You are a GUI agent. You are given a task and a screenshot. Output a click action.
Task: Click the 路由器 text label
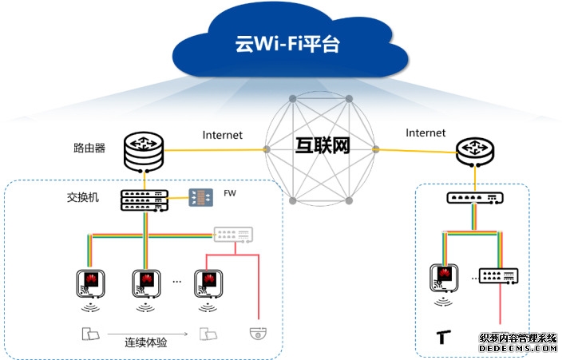(89, 148)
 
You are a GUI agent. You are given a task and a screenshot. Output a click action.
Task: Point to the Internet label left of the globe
(223, 135)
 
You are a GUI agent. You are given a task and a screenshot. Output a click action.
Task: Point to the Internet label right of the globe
(425, 133)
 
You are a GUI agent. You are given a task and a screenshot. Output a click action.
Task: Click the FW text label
(231, 194)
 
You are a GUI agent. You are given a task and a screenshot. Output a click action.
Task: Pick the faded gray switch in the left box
(233, 235)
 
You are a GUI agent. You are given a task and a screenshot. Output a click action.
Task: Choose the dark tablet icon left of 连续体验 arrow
(89, 333)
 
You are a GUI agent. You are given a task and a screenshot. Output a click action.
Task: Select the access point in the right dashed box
(445, 278)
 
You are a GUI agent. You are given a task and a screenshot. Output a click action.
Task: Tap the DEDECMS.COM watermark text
(518, 348)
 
